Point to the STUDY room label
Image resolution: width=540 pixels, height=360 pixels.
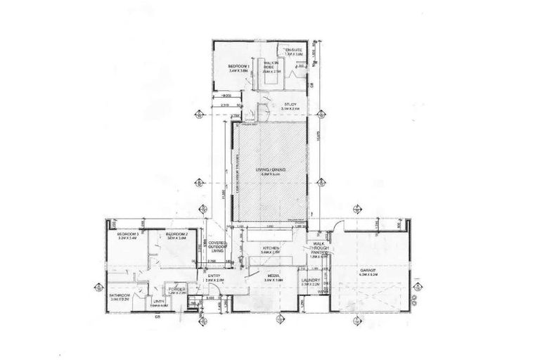coord(291,104)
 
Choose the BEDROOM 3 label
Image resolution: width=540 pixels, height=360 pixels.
coord(127,234)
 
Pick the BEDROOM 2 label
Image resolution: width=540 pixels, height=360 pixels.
coord(176,234)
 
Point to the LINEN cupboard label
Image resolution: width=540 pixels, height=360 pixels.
coord(159,304)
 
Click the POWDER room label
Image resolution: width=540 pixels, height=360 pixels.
coord(176,289)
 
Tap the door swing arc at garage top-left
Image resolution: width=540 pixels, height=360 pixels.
coord(338,227)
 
